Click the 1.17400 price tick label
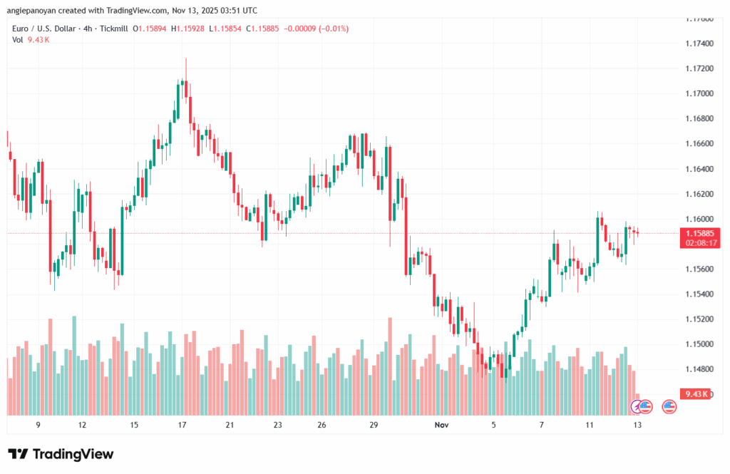[698, 43]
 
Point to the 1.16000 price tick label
[698, 219]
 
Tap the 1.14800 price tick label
[698, 369]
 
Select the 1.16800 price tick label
[698, 118]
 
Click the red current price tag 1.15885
[701, 233]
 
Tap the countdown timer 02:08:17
[701, 243]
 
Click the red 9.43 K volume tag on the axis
[694, 394]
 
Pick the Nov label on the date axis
[441, 425]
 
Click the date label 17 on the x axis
[182, 425]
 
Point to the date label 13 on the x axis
[637, 425]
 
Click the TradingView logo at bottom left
[61, 454]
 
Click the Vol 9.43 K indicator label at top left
[31, 40]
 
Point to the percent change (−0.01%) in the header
[331, 29]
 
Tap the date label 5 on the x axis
[493, 425]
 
